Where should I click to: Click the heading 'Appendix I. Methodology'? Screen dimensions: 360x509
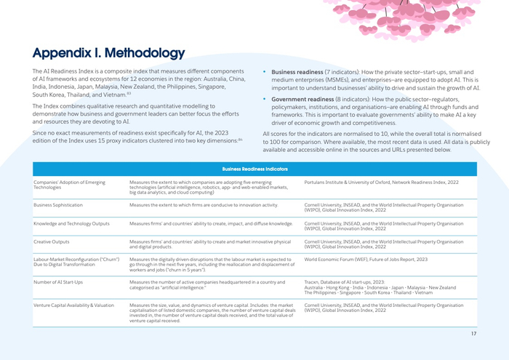(x=108, y=53)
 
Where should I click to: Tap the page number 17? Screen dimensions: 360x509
(x=473, y=333)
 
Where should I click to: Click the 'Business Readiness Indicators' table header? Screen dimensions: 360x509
(x=254, y=169)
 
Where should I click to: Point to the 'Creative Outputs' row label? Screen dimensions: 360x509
(x=53, y=240)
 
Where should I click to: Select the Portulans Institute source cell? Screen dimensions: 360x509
(x=381, y=182)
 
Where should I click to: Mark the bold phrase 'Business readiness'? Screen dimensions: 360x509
(x=297, y=72)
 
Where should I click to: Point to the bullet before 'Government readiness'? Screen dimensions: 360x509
(x=264, y=98)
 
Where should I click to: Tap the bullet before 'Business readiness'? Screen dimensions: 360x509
(x=264, y=72)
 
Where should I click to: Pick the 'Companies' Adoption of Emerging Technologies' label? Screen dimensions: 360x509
(x=69, y=185)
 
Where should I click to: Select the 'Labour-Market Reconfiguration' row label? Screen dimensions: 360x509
(x=76, y=262)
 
